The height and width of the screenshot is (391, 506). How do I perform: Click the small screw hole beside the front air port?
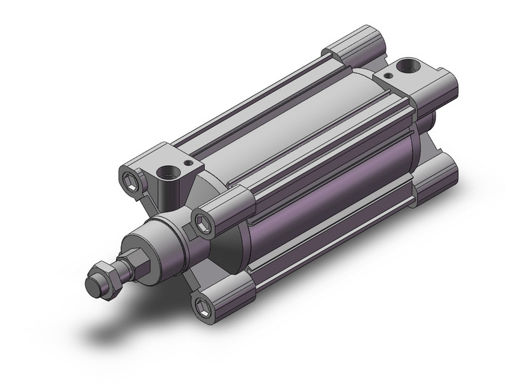189,162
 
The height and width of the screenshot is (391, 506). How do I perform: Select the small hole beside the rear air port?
386,78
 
